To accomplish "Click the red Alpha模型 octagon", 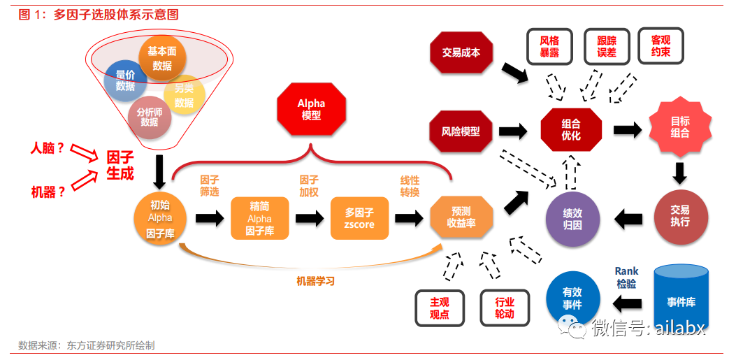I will [x=311, y=110].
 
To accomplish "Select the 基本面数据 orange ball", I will [x=161, y=59].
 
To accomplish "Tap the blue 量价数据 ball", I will [x=125, y=80].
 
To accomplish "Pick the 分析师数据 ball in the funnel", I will [x=149, y=117].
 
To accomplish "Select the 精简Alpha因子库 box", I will [x=259, y=218].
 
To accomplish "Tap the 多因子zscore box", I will [x=359, y=218].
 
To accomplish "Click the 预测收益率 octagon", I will [x=461, y=217].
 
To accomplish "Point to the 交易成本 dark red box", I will [x=461, y=52].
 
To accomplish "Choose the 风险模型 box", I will [x=461, y=130].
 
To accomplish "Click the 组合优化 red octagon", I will [x=571, y=129].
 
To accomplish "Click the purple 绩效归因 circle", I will [x=572, y=218].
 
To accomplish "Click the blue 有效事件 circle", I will [x=572, y=299].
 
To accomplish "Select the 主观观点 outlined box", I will [x=439, y=308].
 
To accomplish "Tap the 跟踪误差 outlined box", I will [x=606, y=47].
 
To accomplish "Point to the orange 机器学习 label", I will [x=315, y=281].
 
